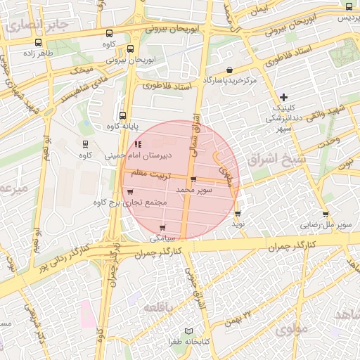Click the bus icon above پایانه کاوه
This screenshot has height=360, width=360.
click(x=123, y=115)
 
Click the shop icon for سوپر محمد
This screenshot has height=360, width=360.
click(x=193, y=179)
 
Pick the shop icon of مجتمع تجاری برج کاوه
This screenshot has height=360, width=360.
click(x=129, y=191)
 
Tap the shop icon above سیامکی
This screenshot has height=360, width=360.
click(x=163, y=228)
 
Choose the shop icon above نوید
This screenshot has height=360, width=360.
click(x=238, y=213)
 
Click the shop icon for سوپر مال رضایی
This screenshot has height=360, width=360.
click(x=326, y=214)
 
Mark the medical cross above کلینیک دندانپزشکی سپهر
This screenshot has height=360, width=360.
click(x=283, y=97)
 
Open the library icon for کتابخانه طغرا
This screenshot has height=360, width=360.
click(x=187, y=330)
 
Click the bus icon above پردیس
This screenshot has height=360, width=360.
click(x=349, y=6)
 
